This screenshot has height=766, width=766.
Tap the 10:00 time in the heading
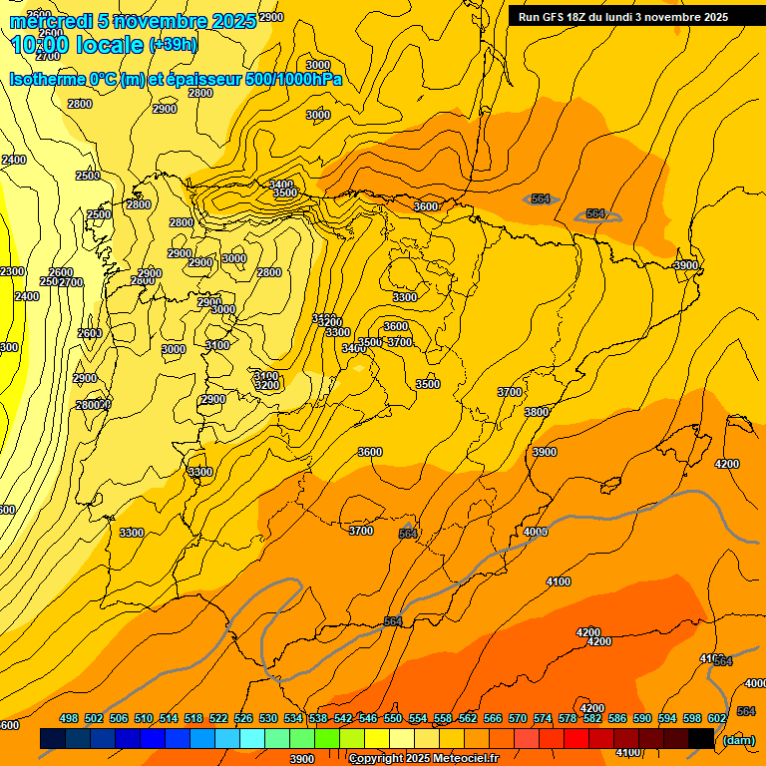click(40, 45)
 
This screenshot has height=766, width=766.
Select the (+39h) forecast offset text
click(174, 45)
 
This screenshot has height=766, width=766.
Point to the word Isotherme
click(48, 79)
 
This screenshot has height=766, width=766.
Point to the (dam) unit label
click(738, 740)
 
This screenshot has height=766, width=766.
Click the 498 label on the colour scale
click(69, 718)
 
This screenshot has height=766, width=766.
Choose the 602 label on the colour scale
click(717, 718)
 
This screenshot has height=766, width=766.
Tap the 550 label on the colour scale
click(393, 718)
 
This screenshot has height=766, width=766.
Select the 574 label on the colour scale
click(543, 718)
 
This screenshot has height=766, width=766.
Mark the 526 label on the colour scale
click(243, 718)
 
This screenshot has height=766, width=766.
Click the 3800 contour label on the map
click(537, 412)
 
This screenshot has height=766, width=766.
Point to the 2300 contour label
click(12, 271)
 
